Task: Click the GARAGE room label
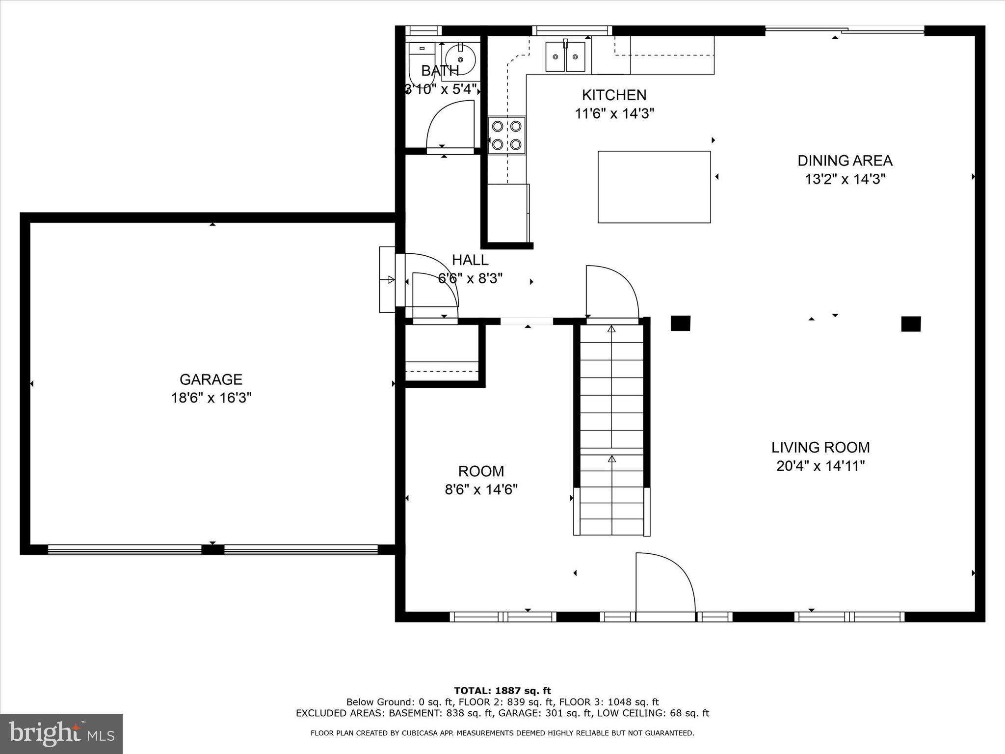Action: click(x=211, y=379)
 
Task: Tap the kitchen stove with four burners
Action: click(x=506, y=135)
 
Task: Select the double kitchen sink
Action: click(x=565, y=56)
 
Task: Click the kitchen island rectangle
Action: click(x=654, y=187)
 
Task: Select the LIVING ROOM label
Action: click(x=820, y=447)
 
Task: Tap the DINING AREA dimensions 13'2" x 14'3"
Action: click(x=845, y=179)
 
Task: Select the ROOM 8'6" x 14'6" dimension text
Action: click(x=481, y=489)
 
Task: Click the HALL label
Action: click(x=470, y=260)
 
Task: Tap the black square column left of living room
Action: click(x=680, y=323)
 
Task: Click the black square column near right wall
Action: click(x=911, y=324)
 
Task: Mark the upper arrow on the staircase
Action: click(x=611, y=329)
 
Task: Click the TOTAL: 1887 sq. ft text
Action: click(x=502, y=691)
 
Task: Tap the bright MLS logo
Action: click(x=61, y=733)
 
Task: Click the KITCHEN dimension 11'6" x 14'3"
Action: click(x=614, y=114)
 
